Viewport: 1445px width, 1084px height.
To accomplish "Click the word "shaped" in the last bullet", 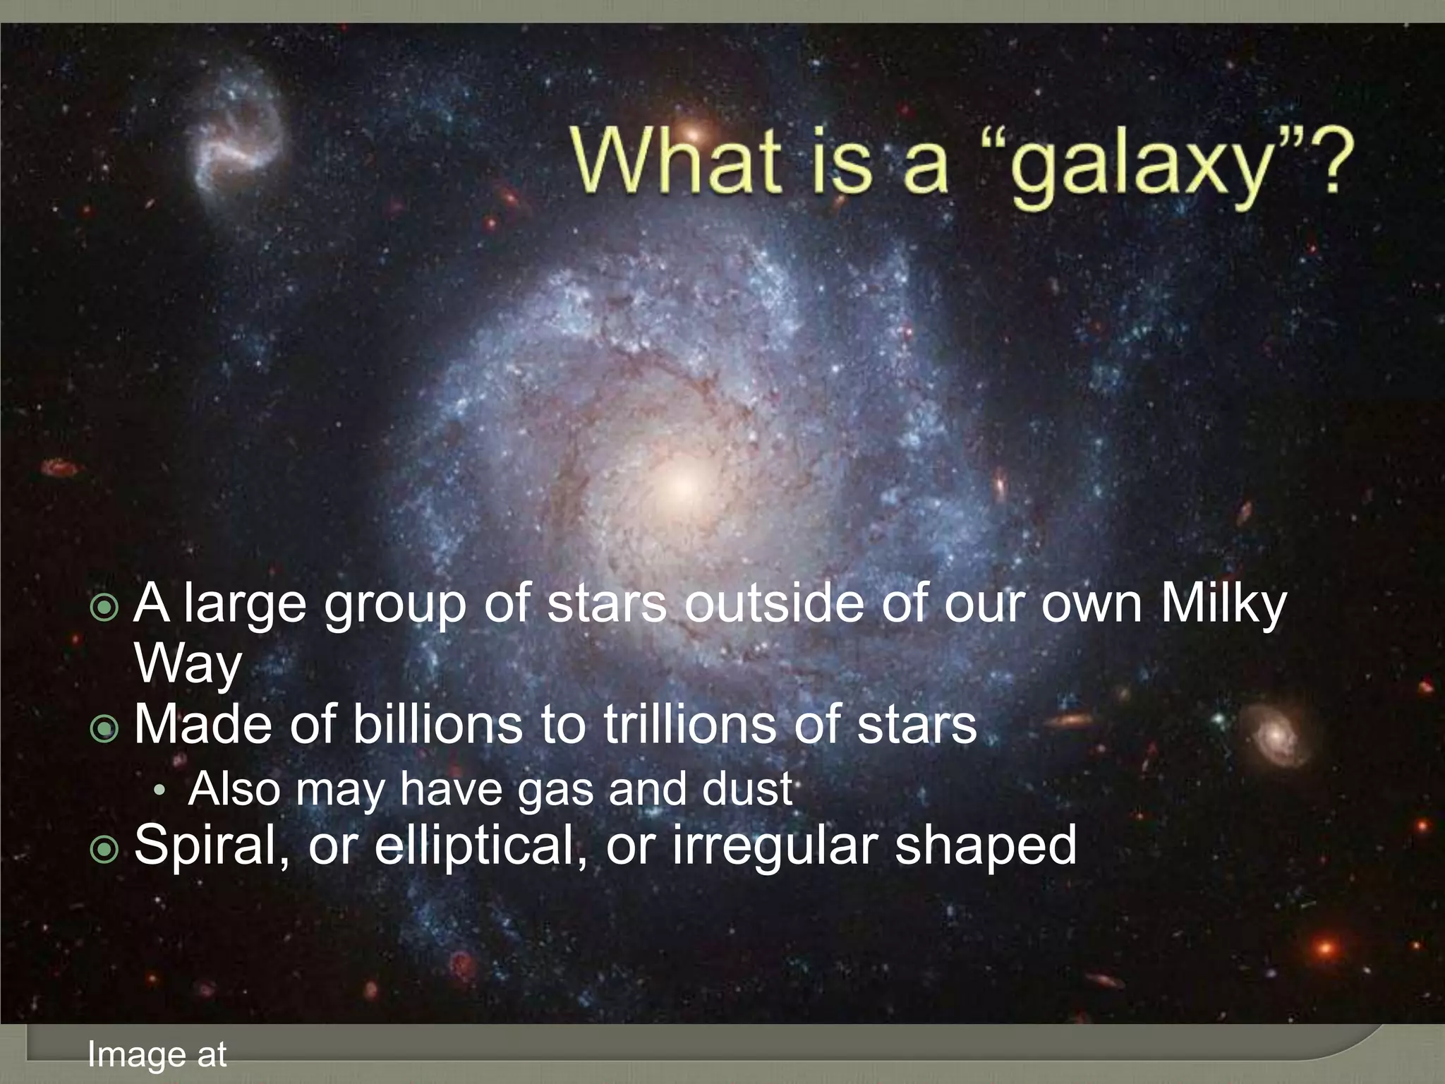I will point(986,845).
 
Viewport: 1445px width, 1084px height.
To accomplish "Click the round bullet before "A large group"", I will point(105,607).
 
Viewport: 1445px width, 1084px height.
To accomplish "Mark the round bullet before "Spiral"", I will point(105,850).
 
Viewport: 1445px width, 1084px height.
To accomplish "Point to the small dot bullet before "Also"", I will point(161,791).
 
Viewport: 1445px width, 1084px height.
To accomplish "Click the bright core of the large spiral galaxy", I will point(681,485).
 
